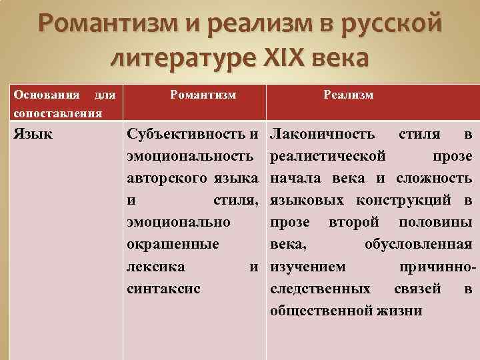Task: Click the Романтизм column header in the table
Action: click(x=203, y=95)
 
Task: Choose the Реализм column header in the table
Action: click(x=348, y=95)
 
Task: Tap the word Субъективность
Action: click(x=187, y=135)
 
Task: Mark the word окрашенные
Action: click(x=173, y=244)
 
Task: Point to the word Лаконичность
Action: click(x=323, y=135)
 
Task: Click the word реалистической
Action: click(x=328, y=157)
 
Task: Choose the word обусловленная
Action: click(x=419, y=244)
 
